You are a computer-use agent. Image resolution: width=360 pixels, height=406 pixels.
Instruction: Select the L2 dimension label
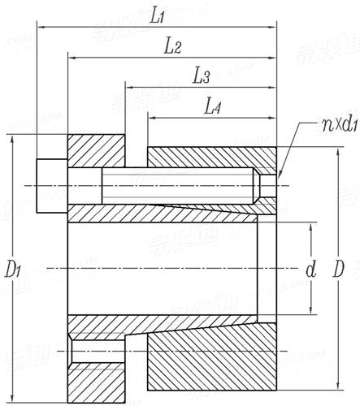click(171, 47)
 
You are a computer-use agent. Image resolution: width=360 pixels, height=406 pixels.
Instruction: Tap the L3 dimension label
click(202, 77)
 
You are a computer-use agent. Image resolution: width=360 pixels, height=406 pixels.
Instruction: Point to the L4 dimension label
click(214, 106)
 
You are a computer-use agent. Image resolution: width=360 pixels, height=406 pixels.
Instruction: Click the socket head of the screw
click(51, 187)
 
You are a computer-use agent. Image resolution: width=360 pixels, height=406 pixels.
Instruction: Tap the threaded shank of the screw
click(171, 187)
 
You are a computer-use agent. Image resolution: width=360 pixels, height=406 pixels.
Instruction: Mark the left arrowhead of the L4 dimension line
click(151, 117)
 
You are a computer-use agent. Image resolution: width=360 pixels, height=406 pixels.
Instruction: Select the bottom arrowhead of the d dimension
click(312, 309)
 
